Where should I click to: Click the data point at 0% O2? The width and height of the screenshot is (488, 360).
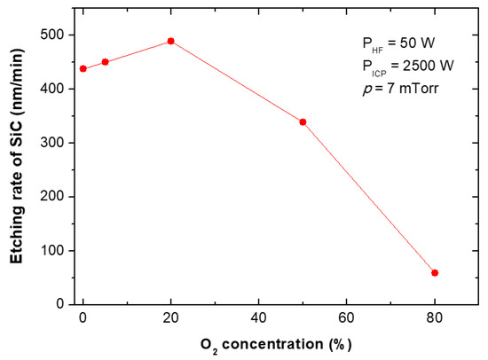pos(83,68)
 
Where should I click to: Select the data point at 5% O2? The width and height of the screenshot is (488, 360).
pos(105,62)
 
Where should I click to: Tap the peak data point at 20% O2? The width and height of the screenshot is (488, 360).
pos(170,41)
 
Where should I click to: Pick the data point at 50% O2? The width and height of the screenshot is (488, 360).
pos(303,121)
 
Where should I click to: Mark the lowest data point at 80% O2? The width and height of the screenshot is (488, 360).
pos(435,272)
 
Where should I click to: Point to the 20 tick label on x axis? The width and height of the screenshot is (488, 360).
pos(170,318)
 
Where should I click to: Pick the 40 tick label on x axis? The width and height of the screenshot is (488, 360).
pos(258,318)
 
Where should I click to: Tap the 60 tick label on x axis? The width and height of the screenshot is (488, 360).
pos(346,318)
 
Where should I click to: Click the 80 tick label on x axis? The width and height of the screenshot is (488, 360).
pos(435,318)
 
